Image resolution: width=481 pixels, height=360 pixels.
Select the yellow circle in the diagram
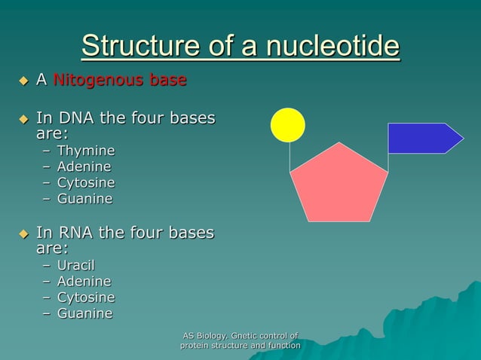(288, 125)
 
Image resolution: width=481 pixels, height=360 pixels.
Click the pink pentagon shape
(339, 185)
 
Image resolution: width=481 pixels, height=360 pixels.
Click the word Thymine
(86, 151)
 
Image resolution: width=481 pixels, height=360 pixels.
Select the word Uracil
(76, 265)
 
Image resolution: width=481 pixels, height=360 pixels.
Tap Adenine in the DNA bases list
(84, 166)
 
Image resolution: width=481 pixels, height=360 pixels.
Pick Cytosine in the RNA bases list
(86, 297)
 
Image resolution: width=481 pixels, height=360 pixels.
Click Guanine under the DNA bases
(85, 199)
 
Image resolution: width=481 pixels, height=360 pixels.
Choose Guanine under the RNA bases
(85, 313)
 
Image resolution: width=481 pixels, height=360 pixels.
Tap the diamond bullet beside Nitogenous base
(23, 81)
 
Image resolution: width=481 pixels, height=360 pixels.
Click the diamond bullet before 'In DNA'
(23, 119)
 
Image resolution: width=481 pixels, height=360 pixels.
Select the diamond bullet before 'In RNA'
(23, 233)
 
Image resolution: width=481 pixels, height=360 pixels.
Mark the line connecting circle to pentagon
(290, 157)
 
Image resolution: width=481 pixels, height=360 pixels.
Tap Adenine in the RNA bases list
(84, 281)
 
